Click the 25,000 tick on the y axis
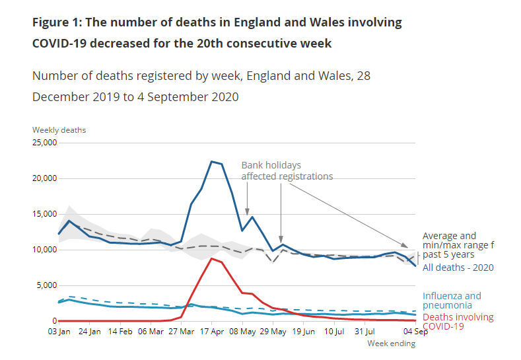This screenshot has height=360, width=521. [44, 143]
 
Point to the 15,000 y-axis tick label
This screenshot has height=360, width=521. [44, 214]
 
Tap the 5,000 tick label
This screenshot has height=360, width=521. [47, 285]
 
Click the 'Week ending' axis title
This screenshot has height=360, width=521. [391, 343]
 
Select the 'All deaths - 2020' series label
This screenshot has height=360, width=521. [458, 268]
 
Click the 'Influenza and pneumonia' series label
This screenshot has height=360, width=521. [452, 301]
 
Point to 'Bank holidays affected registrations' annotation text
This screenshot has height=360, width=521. [287, 170]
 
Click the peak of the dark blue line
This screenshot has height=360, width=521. [211, 161]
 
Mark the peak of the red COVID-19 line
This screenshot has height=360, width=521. [211, 258]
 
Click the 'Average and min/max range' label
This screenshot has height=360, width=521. [458, 240]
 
